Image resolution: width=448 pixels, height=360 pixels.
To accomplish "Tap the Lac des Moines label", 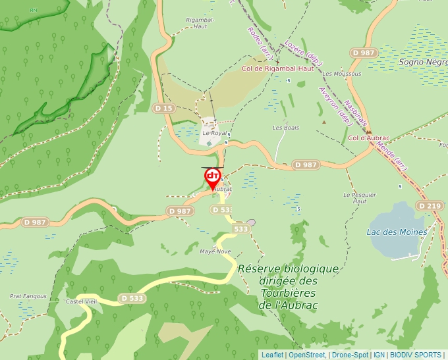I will click(x=397, y=232).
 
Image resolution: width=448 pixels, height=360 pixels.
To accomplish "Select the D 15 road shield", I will click(x=163, y=107).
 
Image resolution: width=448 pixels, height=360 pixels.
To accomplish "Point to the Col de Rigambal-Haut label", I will click(x=277, y=68).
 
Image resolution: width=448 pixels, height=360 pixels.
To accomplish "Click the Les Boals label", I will click(x=285, y=127).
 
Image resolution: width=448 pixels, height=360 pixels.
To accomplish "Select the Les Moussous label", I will click(x=342, y=74).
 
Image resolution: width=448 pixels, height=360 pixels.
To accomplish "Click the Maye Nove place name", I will click(x=215, y=251).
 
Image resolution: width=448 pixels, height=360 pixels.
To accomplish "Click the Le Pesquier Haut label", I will click(x=360, y=198).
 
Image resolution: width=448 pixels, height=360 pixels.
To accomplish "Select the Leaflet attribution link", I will click(x=272, y=355).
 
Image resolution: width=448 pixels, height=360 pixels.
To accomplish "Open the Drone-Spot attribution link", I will click(x=350, y=355).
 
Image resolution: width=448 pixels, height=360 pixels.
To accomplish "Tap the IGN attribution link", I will click(x=379, y=355).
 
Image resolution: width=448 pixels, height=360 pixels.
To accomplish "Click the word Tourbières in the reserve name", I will click(x=289, y=293).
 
